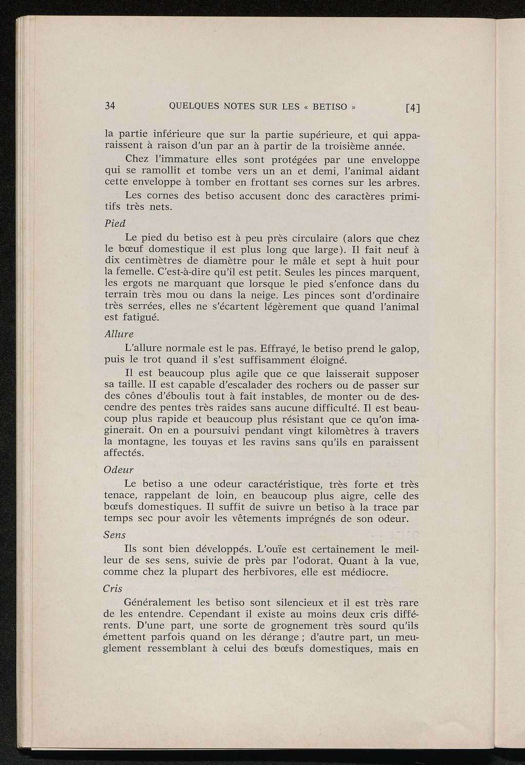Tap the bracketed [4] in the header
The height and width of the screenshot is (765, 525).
pos(412,108)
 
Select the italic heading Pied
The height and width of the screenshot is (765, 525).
pos(114,224)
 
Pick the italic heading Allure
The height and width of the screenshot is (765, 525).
pos(118,334)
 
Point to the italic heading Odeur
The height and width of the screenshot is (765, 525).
pos(118,469)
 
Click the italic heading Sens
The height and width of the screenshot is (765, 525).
pos(114,535)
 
